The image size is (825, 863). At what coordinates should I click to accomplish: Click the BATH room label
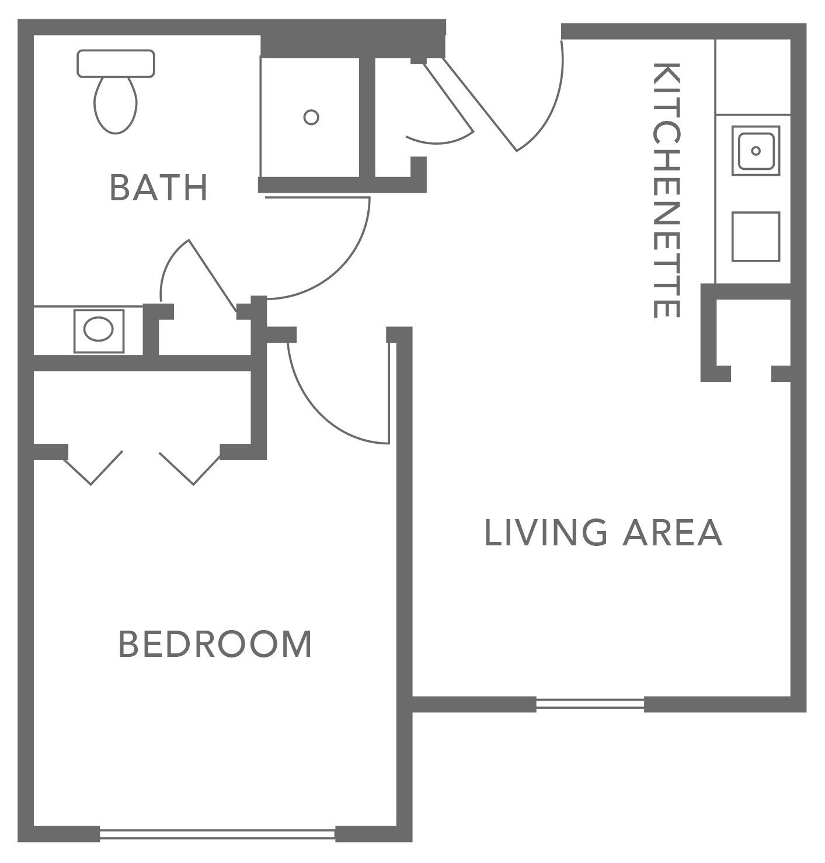tap(159, 187)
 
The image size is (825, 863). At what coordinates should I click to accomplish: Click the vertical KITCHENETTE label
tap(666, 190)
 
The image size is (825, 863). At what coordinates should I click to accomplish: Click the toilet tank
tap(116, 63)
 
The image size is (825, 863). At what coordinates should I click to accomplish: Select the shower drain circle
tap(311, 117)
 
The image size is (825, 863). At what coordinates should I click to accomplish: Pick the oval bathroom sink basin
tap(98, 330)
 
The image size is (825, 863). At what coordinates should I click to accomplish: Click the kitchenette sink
tap(756, 151)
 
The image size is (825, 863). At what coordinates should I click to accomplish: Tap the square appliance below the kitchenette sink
tap(756, 236)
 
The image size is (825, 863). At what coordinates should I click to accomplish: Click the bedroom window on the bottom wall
tap(217, 834)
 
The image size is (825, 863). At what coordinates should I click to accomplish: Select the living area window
tap(590, 704)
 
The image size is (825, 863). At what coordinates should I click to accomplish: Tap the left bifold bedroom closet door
tap(93, 467)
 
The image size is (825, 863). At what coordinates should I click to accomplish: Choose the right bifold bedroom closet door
tap(190, 467)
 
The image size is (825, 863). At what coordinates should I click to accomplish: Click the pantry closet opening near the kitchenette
tap(751, 374)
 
